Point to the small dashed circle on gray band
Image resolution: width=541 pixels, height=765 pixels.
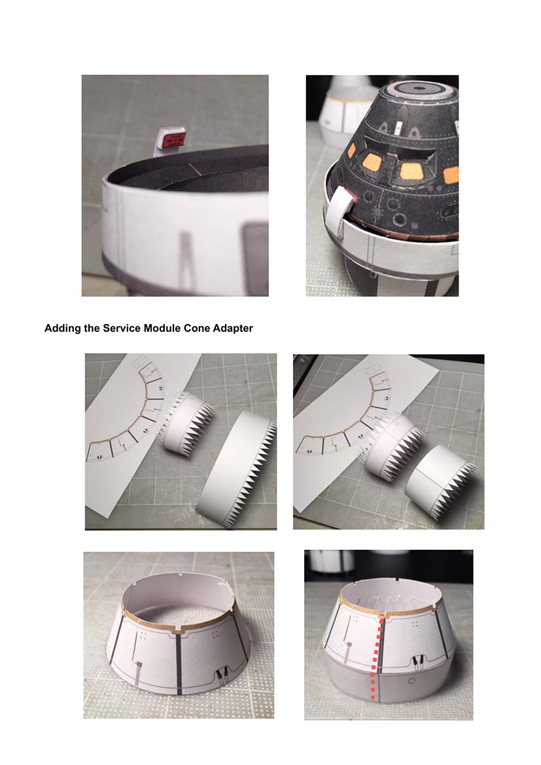pyautogui.click(x=411, y=680)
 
